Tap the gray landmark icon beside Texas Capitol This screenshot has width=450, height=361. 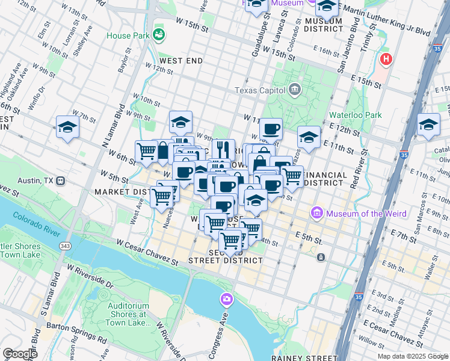294,90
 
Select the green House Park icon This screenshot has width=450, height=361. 159,35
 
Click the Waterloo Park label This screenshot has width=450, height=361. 356,114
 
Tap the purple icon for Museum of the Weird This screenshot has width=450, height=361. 316,213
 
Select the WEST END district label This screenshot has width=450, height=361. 181,61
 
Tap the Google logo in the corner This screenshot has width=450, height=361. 19,354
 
